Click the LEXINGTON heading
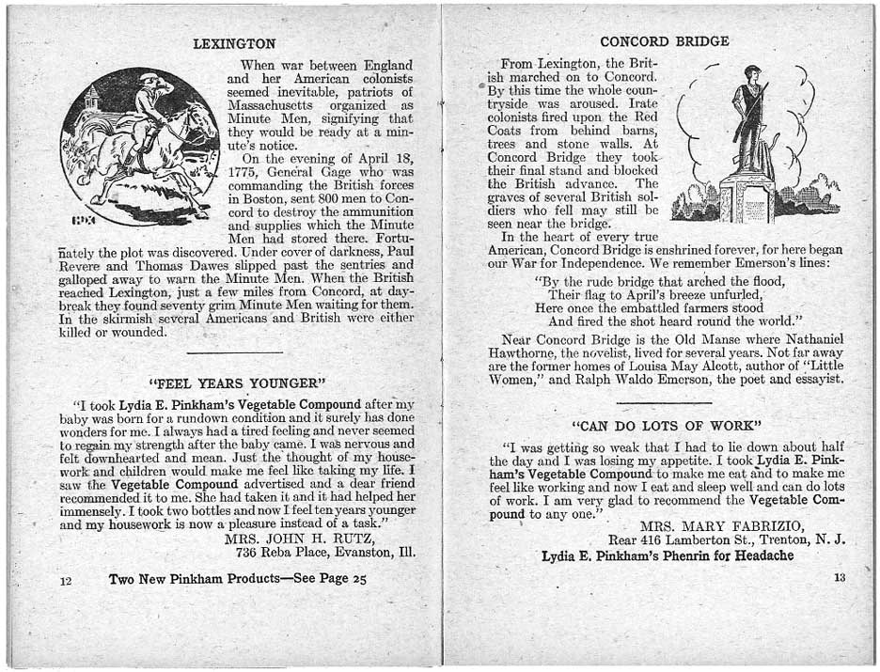click(234, 43)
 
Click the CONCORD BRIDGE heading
click(664, 41)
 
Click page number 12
click(66, 582)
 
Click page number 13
click(840, 578)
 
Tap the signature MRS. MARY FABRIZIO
click(721, 525)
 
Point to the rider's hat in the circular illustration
click(150, 78)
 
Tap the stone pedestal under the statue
click(747, 199)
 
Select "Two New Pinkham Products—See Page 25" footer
click(237, 579)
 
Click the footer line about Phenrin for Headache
click(668, 555)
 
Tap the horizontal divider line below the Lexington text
click(235, 352)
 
